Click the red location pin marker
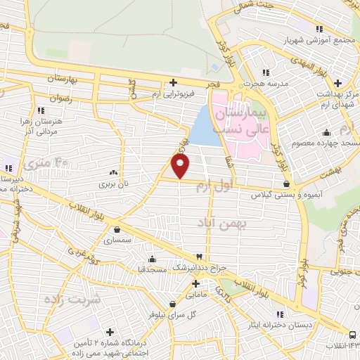pos(181,166)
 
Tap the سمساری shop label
pos(117,240)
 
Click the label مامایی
pos(196,296)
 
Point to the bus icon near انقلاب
pos(352,335)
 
